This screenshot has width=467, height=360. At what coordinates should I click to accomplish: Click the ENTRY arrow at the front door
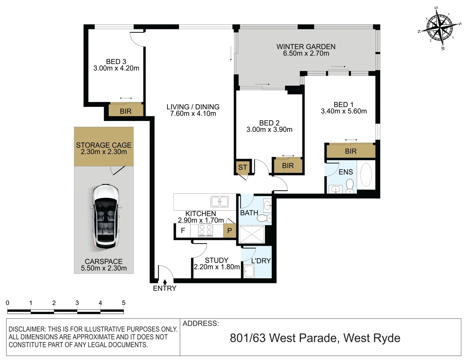tap(165, 282)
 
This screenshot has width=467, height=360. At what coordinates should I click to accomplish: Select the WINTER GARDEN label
tap(306, 47)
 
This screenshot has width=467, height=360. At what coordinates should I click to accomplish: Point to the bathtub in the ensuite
tap(366, 175)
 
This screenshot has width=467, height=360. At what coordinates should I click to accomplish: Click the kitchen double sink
tap(219, 202)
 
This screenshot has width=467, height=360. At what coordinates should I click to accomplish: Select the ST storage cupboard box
tap(243, 167)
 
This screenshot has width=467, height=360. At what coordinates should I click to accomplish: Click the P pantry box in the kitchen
tap(229, 231)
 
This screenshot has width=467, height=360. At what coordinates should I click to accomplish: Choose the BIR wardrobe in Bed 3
tap(126, 111)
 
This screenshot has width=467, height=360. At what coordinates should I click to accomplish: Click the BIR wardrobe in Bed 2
tap(288, 166)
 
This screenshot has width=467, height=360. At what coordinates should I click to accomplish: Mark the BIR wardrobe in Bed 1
tap(351, 151)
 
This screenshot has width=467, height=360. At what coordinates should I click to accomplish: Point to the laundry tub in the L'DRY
tap(249, 272)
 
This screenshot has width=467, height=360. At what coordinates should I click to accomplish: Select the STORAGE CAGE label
tap(104, 145)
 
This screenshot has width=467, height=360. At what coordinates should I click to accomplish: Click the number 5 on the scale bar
tap(123, 303)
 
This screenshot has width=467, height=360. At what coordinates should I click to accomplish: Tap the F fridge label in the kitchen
tap(183, 231)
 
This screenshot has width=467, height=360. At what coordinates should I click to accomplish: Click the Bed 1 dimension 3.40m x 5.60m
tap(344, 111)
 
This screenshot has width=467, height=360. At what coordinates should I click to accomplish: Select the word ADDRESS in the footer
tap(200, 323)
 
